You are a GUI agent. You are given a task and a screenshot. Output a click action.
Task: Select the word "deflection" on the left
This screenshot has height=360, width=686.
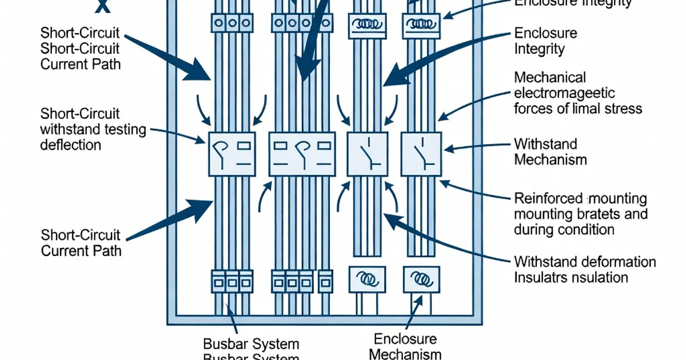(70, 145)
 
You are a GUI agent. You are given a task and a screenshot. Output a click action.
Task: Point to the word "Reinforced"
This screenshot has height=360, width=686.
(547, 199)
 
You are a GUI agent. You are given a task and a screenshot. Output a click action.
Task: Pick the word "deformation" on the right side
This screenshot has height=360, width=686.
(620, 262)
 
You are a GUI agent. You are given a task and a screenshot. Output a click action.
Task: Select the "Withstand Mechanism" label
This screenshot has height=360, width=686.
(550, 151)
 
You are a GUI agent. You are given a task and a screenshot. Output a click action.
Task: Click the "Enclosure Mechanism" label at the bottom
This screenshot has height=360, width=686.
(405, 346)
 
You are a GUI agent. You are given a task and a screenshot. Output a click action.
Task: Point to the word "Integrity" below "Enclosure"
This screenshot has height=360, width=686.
(539, 49)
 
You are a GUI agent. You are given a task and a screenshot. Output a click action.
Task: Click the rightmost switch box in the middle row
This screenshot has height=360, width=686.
(421, 154)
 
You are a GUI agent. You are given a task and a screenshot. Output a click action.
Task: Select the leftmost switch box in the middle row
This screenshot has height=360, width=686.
(231, 154)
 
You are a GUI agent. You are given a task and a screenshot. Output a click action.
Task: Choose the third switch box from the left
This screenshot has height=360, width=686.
(368, 154)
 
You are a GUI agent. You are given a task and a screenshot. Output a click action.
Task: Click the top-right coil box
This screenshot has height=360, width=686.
(421, 26)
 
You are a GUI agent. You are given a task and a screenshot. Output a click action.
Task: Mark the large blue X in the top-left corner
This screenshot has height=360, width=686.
(102, 6)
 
